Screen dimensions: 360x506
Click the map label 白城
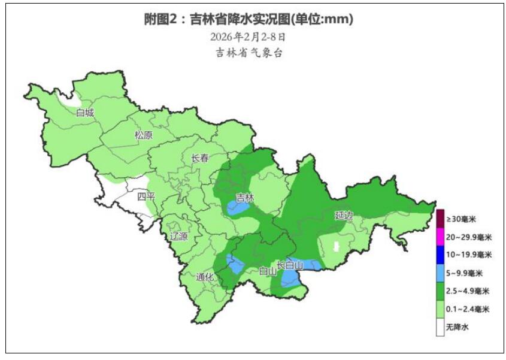click(x=85, y=113)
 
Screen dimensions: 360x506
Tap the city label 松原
click(x=144, y=135)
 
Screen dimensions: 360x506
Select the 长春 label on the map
click(x=199, y=159)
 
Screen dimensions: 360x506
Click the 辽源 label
click(x=178, y=236)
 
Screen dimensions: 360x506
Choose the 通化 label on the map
click(x=205, y=277)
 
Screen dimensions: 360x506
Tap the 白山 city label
click(x=267, y=271)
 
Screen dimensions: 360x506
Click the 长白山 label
click(x=290, y=265)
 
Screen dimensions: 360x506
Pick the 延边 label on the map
click(x=344, y=214)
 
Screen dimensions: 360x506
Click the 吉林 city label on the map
click(x=244, y=197)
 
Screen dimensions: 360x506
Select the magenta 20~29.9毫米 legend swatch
click(x=440, y=237)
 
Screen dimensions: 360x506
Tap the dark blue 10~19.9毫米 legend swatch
click(x=440, y=255)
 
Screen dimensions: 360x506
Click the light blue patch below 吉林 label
click(x=238, y=208)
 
